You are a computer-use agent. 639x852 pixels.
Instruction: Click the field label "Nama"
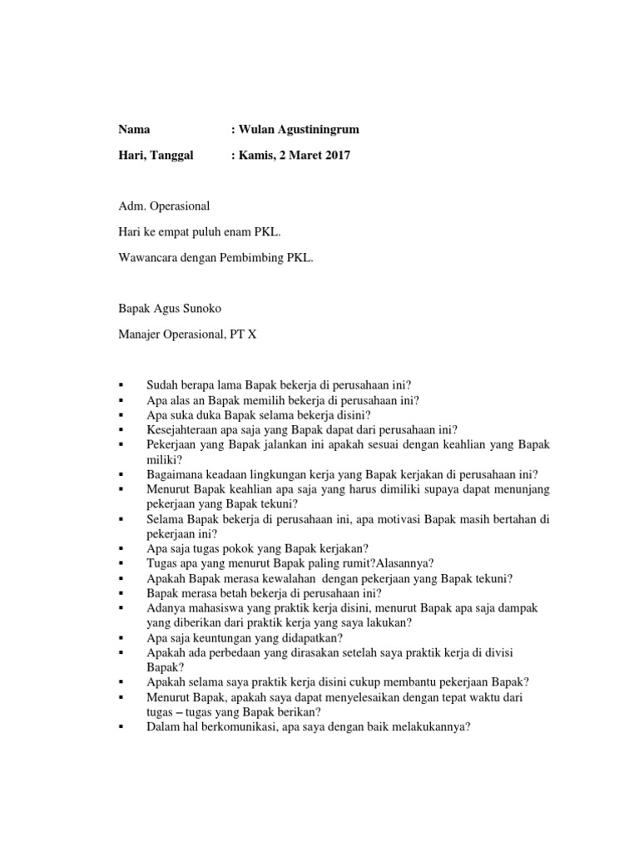click(134, 130)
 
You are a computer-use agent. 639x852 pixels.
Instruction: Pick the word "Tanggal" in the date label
click(171, 156)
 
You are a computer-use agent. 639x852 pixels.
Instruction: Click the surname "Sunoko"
click(198, 308)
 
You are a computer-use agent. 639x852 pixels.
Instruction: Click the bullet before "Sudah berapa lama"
click(121, 385)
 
